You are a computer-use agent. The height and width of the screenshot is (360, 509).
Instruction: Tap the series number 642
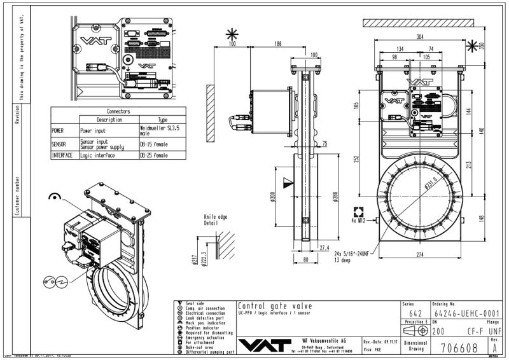pos(415,314)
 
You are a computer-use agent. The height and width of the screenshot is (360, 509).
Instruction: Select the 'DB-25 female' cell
pos(153,155)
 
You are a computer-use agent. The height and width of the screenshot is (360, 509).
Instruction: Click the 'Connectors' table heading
pos(118,111)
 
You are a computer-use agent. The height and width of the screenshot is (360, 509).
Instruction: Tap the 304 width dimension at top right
pos(421,36)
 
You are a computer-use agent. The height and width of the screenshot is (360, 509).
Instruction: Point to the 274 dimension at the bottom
pos(420,255)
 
